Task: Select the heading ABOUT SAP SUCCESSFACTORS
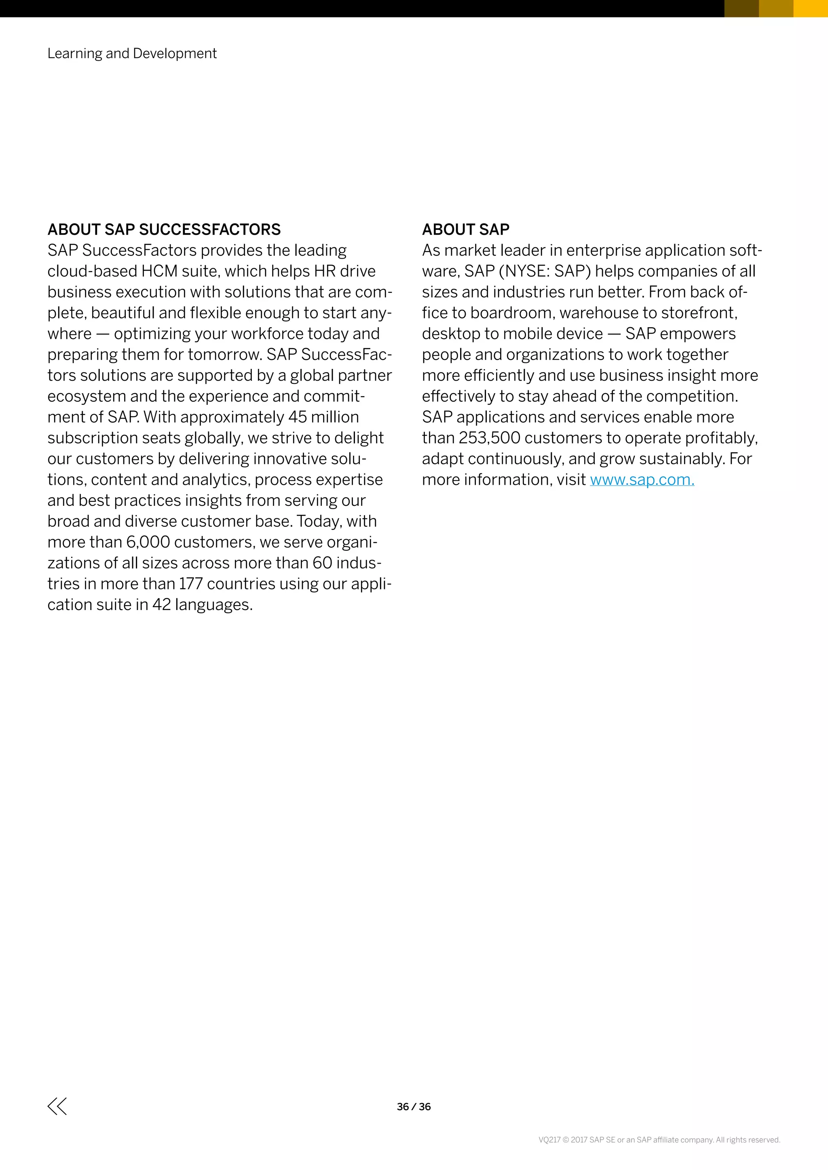[x=164, y=229]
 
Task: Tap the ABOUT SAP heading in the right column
[x=465, y=229]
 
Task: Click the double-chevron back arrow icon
[x=57, y=1106]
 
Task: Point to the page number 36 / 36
[x=414, y=1106]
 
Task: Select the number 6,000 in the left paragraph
[x=148, y=542]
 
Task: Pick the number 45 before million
[x=297, y=417]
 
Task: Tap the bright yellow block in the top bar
[x=811, y=8]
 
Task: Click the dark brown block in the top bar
[x=741, y=8]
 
